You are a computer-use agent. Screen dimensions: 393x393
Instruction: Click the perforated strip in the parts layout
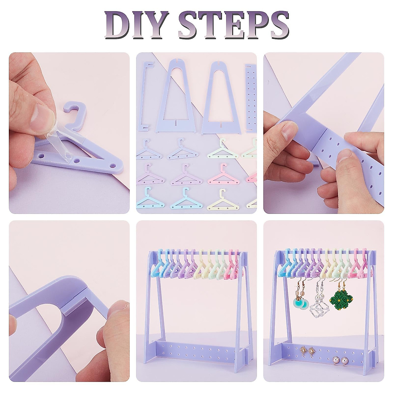(251, 98)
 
